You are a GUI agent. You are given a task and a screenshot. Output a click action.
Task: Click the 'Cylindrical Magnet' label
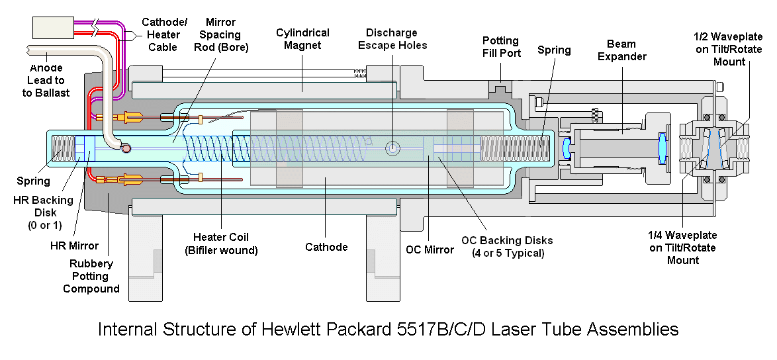point(302,39)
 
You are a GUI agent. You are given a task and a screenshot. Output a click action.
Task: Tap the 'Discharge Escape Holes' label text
point(392,39)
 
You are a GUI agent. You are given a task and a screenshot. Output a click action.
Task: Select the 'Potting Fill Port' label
point(501,46)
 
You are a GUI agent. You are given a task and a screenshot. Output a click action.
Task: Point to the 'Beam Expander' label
point(621,50)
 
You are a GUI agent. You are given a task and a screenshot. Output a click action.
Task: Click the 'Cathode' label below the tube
point(326,247)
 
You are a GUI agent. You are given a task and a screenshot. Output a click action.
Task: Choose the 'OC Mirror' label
point(430,249)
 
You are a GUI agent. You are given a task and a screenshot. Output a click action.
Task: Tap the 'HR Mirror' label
point(75,246)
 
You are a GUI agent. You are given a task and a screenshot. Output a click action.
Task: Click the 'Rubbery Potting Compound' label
point(91,276)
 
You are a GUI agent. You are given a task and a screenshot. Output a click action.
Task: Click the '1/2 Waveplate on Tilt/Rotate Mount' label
point(729,48)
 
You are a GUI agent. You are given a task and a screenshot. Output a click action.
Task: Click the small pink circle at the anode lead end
point(126,148)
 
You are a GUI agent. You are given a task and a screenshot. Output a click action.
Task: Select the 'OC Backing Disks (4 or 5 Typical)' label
point(507,246)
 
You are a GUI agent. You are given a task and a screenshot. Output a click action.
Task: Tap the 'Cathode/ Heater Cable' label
point(162,34)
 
